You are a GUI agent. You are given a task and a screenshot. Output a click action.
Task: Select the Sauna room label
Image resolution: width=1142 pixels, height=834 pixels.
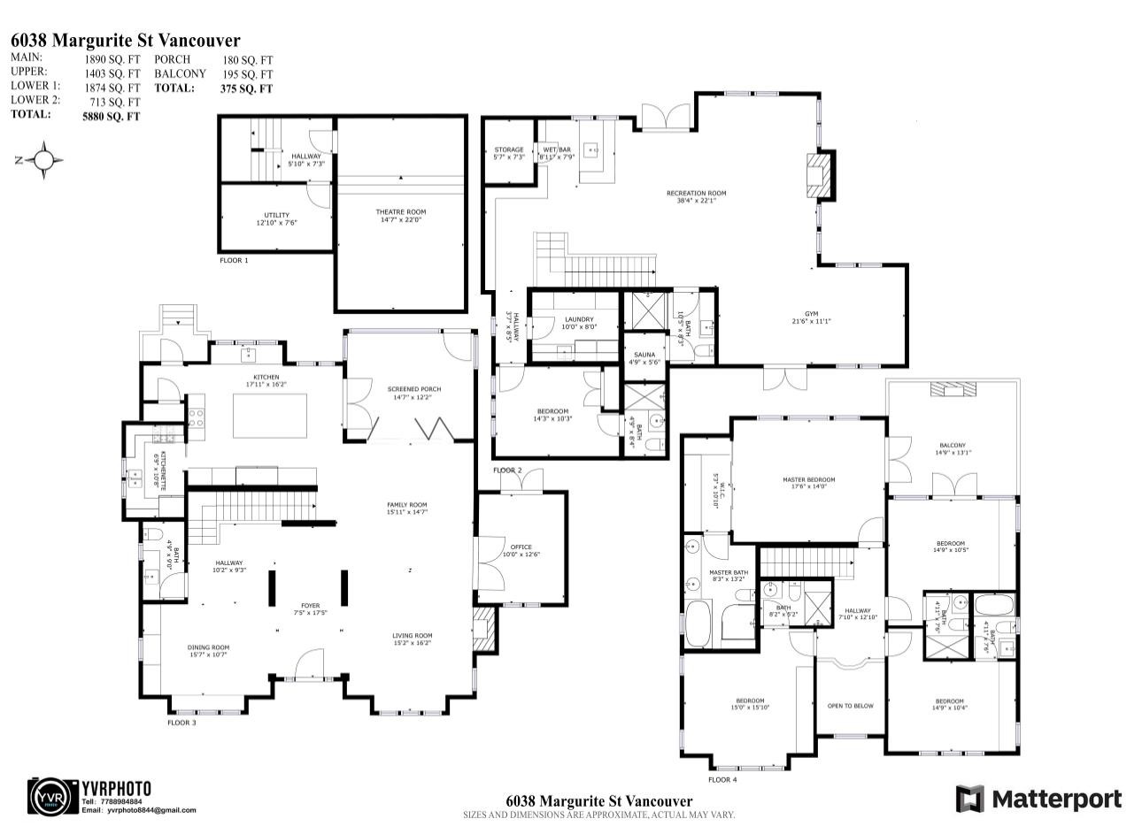click(x=644, y=355)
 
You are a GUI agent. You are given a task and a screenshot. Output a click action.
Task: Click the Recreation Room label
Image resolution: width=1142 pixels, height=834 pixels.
click(x=696, y=193)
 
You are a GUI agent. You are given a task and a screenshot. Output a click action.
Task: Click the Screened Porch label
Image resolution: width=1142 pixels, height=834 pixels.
click(x=413, y=389)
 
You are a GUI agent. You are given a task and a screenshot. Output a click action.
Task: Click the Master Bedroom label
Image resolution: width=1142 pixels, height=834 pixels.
click(x=808, y=480)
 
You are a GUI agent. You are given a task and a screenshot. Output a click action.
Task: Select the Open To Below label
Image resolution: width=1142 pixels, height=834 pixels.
click(x=850, y=706)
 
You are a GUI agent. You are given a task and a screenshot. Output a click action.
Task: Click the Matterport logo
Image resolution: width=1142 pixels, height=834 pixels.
click(x=1038, y=799)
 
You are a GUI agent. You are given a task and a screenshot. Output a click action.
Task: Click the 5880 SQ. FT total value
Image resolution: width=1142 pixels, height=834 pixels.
click(x=111, y=115)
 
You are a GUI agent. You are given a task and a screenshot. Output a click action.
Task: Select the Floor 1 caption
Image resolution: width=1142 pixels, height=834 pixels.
click(x=234, y=261)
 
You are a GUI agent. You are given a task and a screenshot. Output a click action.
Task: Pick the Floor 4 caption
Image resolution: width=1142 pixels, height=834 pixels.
click(x=721, y=779)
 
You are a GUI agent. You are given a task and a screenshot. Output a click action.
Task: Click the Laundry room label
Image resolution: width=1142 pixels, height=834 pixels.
click(x=579, y=319)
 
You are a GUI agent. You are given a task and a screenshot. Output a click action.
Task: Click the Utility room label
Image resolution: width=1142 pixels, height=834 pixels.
click(x=276, y=216)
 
